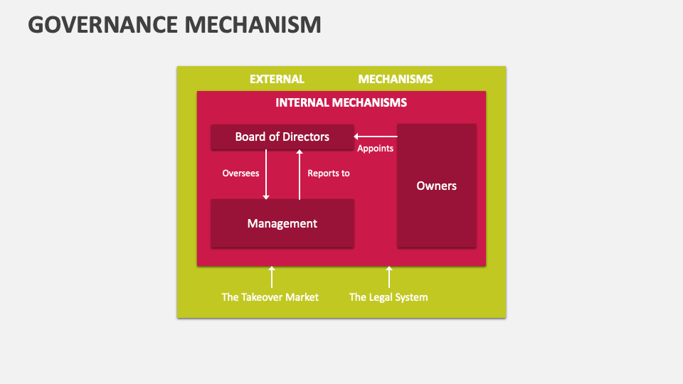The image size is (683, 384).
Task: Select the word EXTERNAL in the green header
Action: click(x=277, y=79)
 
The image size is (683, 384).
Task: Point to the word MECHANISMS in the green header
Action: click(x=395, y=79)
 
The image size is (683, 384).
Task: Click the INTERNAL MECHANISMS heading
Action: click(x=341, y=102)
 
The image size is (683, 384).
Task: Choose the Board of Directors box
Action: click(x=282, y=137)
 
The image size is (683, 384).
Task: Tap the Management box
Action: click(x=282, y=223)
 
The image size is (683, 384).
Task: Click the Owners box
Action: click(x=436, y=186)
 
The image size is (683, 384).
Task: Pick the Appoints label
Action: click(x=375, y=149)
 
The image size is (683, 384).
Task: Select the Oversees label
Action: click(x=240, y=173)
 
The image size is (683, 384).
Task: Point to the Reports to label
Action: click(x=328, y=173)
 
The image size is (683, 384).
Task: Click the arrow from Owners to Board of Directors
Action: click(x=376, y=137)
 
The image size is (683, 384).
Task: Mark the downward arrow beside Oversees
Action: click(x=266, y=175)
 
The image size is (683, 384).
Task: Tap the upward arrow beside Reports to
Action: click(x=300, y=175)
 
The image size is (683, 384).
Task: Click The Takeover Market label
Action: click(x=270, y=297)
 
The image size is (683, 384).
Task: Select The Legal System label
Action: click(x=388, y=297)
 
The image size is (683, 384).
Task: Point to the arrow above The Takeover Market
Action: click(x=271, y=277)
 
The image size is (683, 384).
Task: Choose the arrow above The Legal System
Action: click(x=388, y=277)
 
